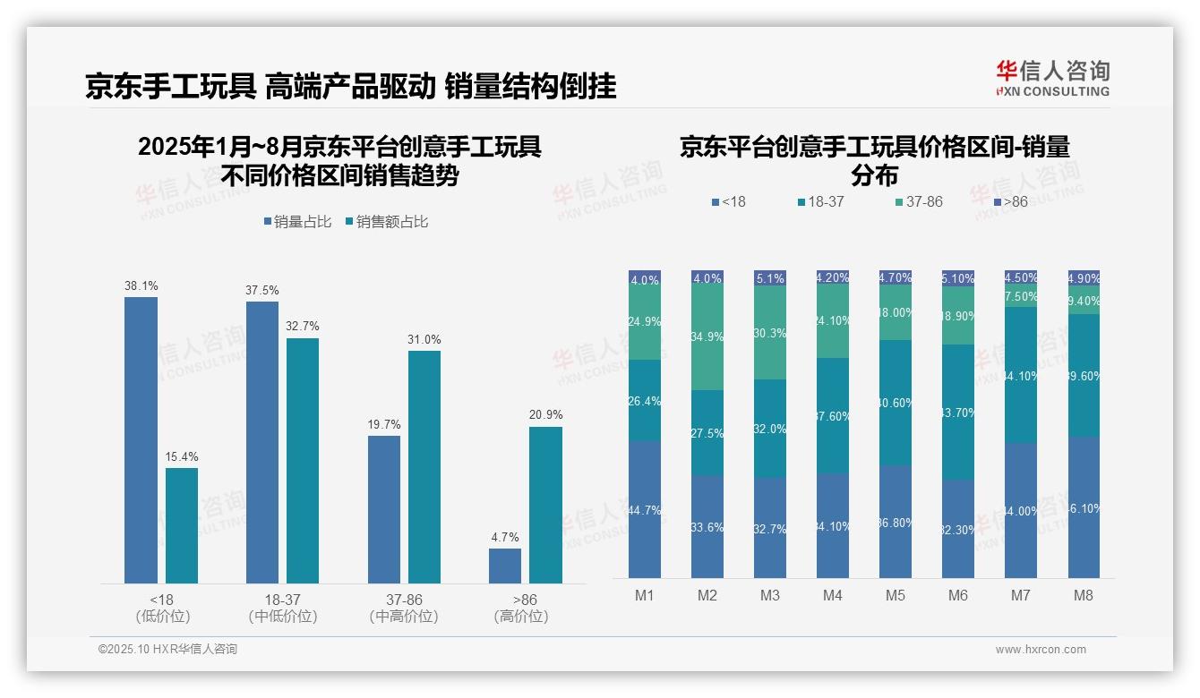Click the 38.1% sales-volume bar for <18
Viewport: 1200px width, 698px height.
point(141,439)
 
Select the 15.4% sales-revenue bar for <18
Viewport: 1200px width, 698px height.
point(182,525)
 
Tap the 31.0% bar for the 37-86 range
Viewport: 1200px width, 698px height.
point(424,466)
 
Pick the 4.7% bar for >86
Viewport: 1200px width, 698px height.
point(505,566)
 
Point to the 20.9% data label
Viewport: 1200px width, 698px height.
point(545,415)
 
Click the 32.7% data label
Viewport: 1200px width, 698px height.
point(303,327)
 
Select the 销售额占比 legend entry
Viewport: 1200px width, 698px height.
point(386,222)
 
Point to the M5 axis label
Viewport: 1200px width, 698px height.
point(896,595)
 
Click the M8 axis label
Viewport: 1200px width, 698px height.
point(1083,595)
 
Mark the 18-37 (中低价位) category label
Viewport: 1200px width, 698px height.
point(282,608)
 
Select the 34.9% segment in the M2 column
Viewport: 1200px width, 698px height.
point(707,337)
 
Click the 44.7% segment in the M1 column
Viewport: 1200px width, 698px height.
point(645,509)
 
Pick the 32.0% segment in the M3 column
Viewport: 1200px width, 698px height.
point(770,429)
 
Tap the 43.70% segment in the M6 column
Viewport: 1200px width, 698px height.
point(958,412)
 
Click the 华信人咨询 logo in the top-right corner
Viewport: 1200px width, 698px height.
point(1052,78)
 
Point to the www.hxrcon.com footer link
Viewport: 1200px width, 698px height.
point(1041,650)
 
